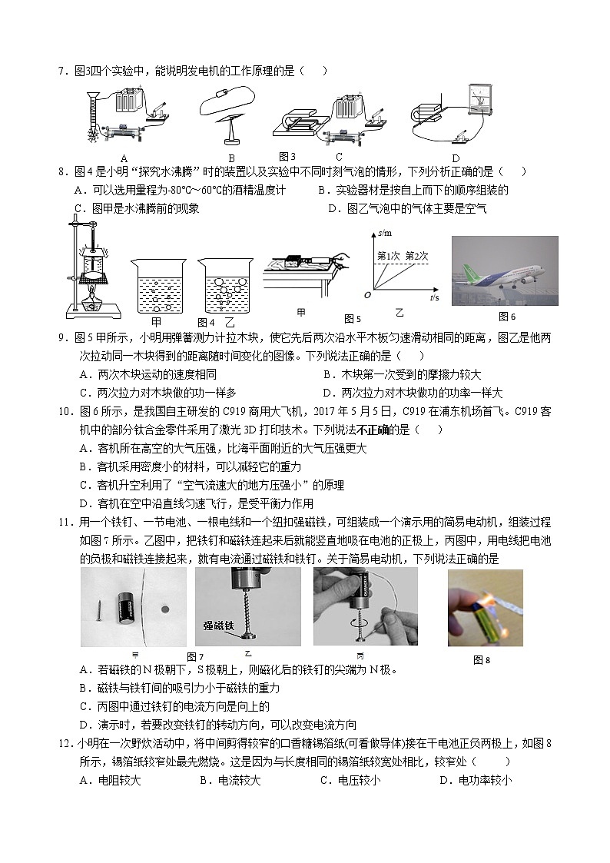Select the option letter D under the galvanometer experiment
(x=455, y=159)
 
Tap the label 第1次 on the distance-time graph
(x=390, y=256)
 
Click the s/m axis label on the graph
(x=385, y=232)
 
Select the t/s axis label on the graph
(x=435, y=297)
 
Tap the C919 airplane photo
(x=504, y=271)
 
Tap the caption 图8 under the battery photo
(x=482, y=659)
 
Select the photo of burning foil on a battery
(x=485, y=608)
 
